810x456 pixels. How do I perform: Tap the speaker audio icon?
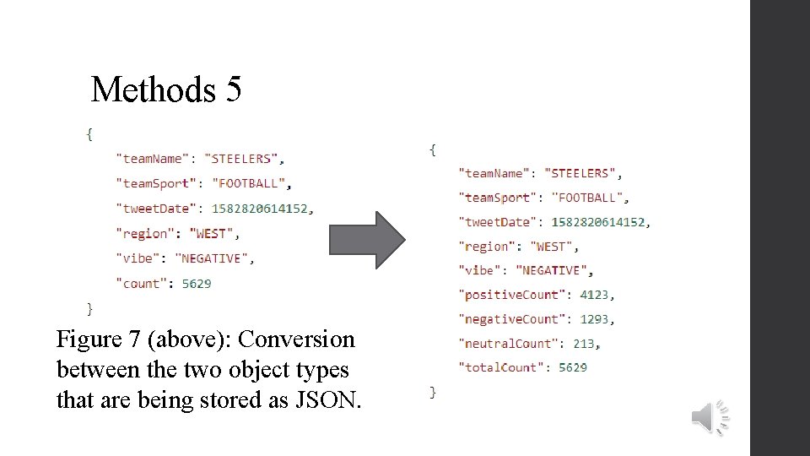710,417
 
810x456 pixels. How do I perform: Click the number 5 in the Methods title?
234,89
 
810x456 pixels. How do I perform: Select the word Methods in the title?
153,89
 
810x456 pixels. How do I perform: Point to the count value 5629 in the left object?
197,284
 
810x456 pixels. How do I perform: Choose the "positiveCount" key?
511,295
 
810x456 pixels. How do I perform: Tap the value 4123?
597,295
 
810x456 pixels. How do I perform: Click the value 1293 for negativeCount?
597,319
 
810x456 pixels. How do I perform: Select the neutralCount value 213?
583,344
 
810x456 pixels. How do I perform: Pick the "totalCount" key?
501,367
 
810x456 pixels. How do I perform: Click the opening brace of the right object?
433,149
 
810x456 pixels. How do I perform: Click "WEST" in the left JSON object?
213,234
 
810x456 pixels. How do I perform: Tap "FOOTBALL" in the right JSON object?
588,198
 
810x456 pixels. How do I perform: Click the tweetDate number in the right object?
599,222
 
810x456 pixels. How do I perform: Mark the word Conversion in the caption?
297,339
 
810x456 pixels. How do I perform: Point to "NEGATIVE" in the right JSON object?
553,270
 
